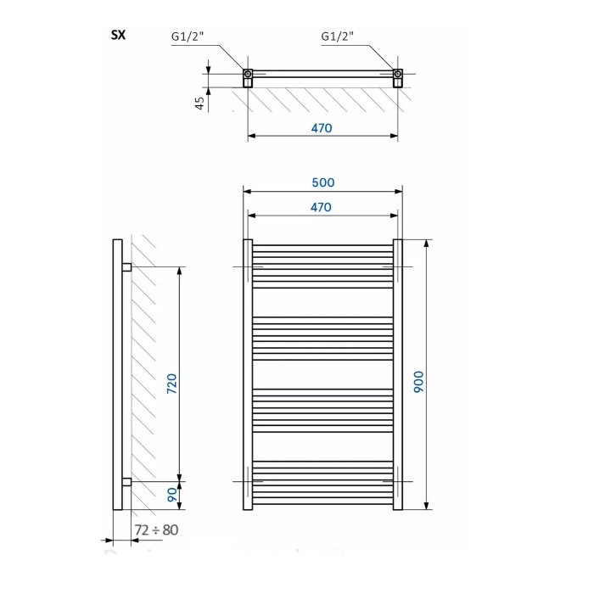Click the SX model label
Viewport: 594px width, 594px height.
(x=119, y=36)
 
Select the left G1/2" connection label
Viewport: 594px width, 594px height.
(x=189, y=36)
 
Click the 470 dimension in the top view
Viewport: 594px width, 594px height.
(x=322, y=128)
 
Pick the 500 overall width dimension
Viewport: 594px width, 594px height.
(x=323, y=182)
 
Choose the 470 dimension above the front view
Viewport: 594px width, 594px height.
(x=321, y=206)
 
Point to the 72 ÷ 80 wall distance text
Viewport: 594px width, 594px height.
(x=157, y=530)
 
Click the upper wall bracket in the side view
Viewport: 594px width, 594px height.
(x=126, y=267)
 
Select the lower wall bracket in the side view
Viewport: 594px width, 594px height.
(x=126, y=482)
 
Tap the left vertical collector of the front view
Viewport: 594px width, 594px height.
(x=248, y=374)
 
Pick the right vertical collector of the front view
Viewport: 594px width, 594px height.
(x=397, y=374)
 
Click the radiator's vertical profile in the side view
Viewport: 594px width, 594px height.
(x=116, y=374)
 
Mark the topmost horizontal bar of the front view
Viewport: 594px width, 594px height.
(x=322, y=247)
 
